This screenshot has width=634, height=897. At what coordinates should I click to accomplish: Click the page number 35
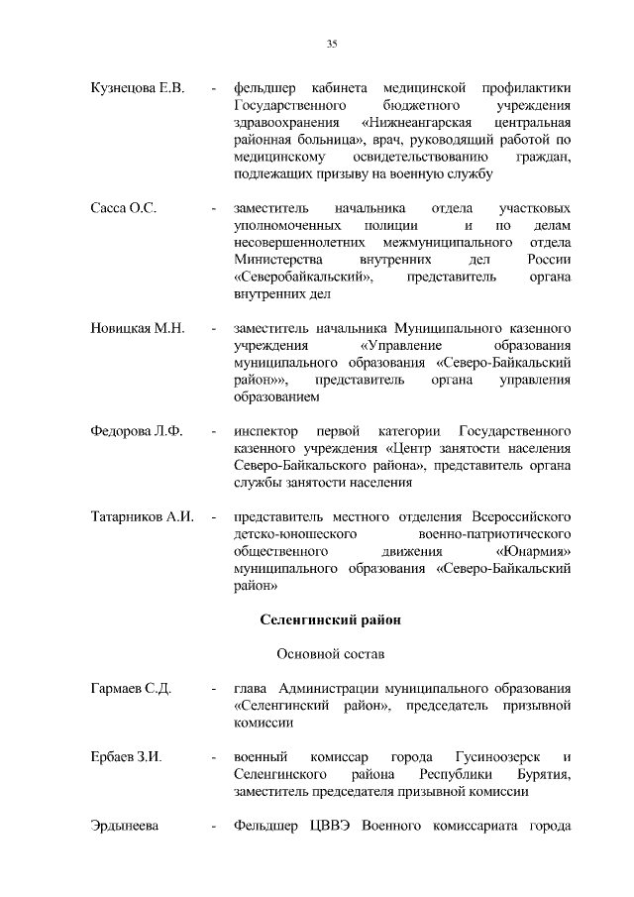coord(332,43)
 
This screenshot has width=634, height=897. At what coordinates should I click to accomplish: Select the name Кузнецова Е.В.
coord(138,90)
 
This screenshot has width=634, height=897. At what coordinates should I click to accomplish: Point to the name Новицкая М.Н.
coord(138,327)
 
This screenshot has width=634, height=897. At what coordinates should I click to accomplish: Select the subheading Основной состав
coord(331,654)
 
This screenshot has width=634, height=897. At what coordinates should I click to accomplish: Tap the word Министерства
coord(277,260)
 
